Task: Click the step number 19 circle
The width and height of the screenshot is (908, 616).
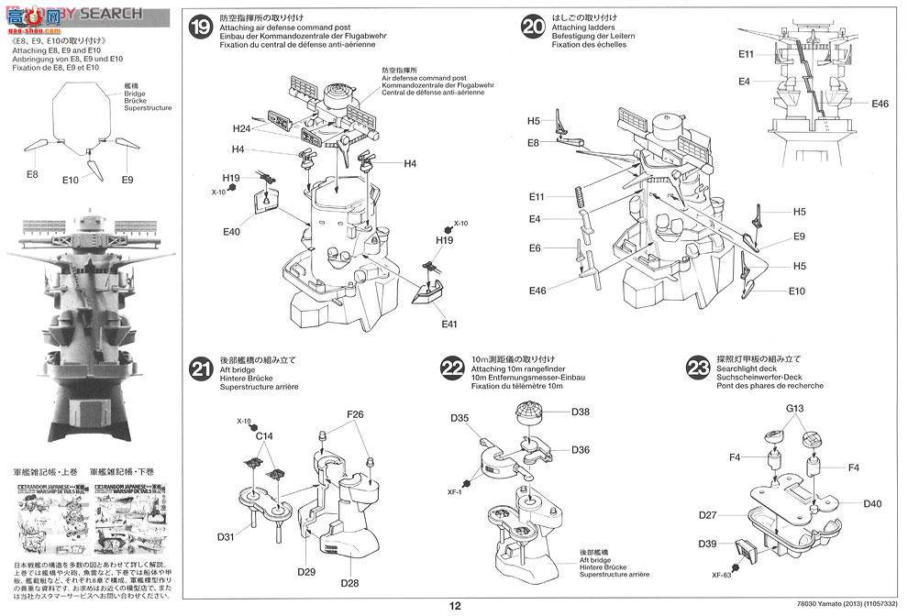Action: click(x=199, y=27)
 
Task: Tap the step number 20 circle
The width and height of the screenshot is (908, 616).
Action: click(x=533, y=27)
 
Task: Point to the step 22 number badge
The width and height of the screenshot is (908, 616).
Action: click(x=451, y=368)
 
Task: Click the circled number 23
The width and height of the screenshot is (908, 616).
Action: click(x=698, y=368)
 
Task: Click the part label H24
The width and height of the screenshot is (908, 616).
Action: click(x=241, y=129)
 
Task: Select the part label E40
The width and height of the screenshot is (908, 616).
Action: click(x=231, y=232)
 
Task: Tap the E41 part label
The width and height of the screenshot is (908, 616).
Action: click(x=448, y=324)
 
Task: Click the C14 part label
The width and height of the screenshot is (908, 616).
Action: click(x=265, y=438)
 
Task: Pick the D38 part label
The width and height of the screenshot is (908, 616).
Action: click(x=580, y=412)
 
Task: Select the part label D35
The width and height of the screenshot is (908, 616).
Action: click(x=460, y=418)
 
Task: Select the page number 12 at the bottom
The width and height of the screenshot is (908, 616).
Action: click(x=456, y=605)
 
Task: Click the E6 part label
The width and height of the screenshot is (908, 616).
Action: click(x=535, y=248)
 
